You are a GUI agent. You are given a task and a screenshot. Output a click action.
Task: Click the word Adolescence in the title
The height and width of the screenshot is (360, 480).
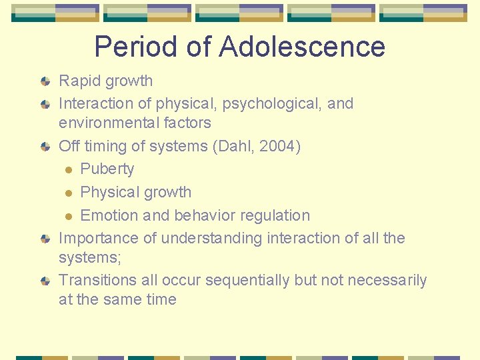301,47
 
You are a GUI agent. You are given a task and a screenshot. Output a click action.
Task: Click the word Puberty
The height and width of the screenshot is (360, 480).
107,169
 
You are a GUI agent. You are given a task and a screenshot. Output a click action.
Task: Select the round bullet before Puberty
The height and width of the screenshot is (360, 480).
68,170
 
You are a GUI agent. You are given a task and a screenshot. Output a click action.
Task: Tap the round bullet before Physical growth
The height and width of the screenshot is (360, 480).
68,193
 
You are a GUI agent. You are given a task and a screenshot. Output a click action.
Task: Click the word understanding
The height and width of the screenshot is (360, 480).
217,238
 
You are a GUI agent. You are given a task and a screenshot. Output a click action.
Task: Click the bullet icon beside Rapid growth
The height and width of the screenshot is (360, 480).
45,82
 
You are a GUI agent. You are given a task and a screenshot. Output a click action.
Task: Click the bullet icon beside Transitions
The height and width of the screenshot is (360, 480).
45,281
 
